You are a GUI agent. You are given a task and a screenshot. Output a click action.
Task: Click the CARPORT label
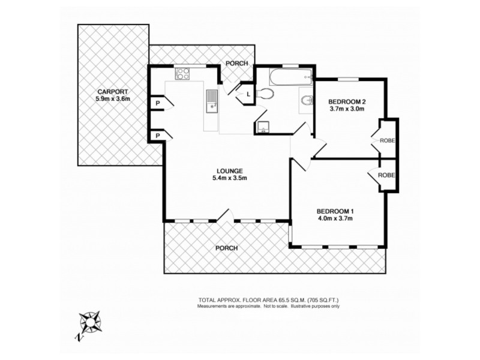(113, 92)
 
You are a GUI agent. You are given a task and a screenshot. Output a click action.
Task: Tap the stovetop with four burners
(182, 74)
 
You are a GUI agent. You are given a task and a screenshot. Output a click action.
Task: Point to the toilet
(265, 94)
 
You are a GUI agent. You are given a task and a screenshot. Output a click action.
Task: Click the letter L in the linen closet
(247, 94)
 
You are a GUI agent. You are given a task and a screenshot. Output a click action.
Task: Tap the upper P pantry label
(157, 103)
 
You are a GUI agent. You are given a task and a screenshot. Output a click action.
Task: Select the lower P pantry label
(157, 136)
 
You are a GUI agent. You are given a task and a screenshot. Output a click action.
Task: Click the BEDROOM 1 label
(335, 211)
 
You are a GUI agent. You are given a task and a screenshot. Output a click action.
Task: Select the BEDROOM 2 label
(347, 101)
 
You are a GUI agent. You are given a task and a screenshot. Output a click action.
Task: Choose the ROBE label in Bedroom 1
(386, 175)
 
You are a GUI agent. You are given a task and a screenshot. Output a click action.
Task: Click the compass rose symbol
(91, 323)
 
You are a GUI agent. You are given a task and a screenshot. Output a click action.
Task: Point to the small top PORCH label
(236, 64)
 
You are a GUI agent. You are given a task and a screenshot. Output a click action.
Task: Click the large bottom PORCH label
(227, 248)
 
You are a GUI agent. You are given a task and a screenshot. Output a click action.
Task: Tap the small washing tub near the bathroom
(262, 127)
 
